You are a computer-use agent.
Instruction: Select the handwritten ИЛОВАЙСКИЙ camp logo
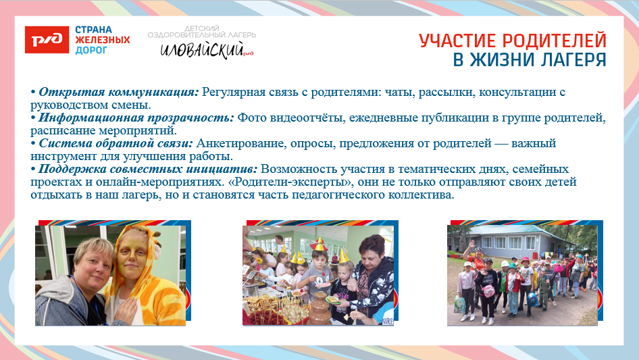203,49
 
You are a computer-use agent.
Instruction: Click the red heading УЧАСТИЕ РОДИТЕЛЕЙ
512,41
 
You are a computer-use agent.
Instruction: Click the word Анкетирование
236,143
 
